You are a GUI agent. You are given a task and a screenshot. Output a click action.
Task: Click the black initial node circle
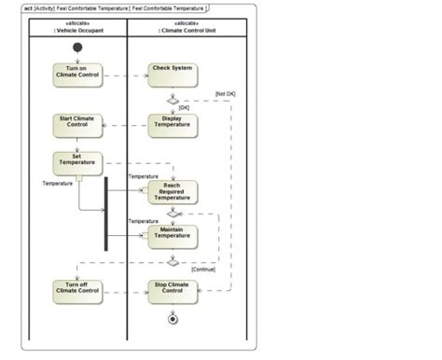click(77, 47)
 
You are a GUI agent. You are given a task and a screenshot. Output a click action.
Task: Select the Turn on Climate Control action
click(77, 74)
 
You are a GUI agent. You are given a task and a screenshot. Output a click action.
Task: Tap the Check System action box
click(173, 74)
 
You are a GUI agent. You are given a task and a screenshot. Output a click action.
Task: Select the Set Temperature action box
click(77, 161)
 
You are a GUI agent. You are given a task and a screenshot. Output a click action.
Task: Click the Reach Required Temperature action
click(173, 192)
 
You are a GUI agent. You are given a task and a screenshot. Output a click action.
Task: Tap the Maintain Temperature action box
click(173, 235)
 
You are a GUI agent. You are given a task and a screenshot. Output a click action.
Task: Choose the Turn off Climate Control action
click(77, 290)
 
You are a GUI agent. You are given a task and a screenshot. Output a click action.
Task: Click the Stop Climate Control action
click(173, 290)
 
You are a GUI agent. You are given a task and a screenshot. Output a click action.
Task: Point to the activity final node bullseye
click(173, 320)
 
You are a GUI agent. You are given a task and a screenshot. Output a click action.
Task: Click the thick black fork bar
click(105, 214)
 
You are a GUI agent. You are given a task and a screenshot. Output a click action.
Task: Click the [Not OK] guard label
click(227, 93)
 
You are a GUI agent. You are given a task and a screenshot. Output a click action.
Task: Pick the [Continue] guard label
click(202, 270)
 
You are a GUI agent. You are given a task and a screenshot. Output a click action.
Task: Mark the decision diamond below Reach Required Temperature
click(173, 214)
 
